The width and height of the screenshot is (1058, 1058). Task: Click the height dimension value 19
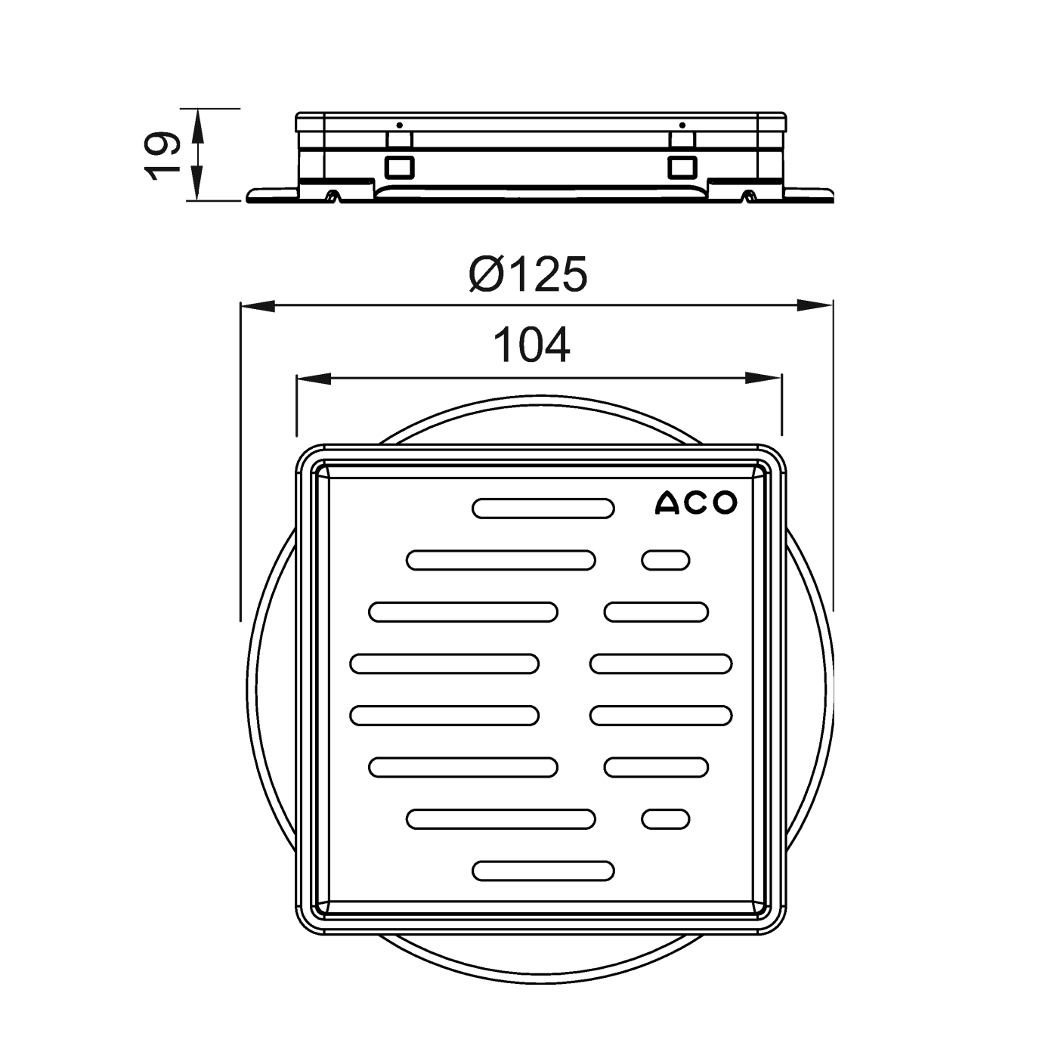point(162,155)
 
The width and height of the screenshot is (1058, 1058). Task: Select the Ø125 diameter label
point(527,274)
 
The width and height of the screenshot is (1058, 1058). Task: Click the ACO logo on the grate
point(695,503)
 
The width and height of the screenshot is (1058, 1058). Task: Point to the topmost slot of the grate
point(543,509)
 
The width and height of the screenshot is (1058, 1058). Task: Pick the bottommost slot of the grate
point(543,871)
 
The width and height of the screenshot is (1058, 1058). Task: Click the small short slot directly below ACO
point(665,561)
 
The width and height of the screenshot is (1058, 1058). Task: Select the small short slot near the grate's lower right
point(665,818)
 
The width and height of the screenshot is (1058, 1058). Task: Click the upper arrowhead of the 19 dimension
point(197,125)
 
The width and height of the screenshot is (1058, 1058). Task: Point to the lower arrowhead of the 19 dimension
point(197,184)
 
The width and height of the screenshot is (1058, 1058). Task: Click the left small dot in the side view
point(399,125)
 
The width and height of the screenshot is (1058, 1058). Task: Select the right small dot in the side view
point(682,125)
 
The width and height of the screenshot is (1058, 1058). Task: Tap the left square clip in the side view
point(398,166)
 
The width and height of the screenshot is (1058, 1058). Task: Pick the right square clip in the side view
point(682,166)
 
